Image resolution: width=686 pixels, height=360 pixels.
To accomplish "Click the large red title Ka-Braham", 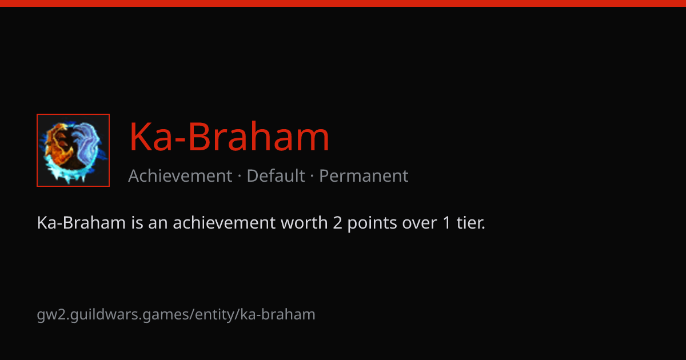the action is click(229, 137).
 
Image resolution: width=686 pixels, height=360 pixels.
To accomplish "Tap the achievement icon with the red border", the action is click(73, 150).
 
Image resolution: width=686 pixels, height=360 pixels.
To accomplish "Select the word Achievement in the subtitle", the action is click(180, 176).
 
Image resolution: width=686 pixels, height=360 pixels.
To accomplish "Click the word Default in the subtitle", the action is click(276, 176).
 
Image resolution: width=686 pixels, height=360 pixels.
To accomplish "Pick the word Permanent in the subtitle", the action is click(364, 176).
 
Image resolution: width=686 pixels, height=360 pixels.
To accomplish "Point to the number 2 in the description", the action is click(337, 222).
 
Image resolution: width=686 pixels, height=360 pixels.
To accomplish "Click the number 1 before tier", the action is click(446, 222).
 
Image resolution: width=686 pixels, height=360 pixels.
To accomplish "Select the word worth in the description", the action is click(304, 222).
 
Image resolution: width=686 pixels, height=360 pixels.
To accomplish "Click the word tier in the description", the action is click(470, 222).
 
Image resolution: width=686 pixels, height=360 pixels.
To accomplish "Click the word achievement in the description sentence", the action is click(224, 222).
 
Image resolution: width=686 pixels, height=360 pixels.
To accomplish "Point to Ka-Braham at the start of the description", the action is click(81, 222).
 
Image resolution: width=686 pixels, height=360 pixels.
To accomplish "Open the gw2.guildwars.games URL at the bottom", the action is click(176, 315).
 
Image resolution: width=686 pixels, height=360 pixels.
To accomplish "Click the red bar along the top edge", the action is click(343, 3).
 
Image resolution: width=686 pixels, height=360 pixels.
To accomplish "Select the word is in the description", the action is click(137, 222).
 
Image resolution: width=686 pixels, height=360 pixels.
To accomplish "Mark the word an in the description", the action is click(158, 223).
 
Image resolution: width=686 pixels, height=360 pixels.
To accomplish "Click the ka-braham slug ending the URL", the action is click(278, 314).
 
